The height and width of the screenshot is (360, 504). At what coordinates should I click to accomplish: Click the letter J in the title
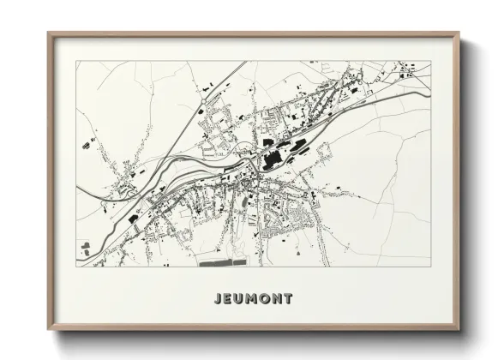[214, 299]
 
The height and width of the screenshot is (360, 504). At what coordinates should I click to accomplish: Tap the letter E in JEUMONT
[225, 299]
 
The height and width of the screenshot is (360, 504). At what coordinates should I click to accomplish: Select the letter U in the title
[237, 299]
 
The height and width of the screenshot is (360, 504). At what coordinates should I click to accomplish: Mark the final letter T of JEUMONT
[288, 299]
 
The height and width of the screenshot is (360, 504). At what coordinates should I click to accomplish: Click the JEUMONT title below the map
[251, 299]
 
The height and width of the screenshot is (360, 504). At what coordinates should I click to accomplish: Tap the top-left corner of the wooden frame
[49, 33]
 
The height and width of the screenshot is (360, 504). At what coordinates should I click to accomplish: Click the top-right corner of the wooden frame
[459, 33]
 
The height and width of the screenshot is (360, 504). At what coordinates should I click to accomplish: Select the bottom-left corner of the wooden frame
[49, 331]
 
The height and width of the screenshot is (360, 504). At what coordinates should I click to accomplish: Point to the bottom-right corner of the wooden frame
[459, 331]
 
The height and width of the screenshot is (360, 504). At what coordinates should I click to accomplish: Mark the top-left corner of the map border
[75, 61]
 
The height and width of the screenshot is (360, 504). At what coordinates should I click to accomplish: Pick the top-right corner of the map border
[430, 61]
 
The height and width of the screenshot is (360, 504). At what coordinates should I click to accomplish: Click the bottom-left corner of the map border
[75, 267]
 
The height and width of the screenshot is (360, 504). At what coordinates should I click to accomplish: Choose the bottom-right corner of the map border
[430, 267]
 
